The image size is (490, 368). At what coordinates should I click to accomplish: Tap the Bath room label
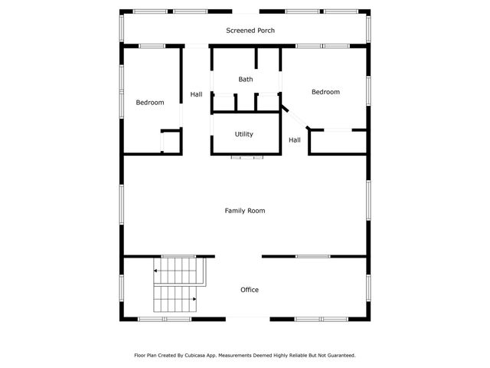[245, 79]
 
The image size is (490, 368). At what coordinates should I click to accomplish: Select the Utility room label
[244, 134]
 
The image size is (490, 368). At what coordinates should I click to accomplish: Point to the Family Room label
[245, 210]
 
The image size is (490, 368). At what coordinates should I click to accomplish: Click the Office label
[250, 290]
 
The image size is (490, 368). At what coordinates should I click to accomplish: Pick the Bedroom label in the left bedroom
[150, 102]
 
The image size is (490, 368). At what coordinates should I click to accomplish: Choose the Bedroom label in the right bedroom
[325, 92]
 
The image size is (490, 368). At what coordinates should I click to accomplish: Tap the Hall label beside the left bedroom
[197, 94]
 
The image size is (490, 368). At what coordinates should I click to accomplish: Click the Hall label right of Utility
[295, 140]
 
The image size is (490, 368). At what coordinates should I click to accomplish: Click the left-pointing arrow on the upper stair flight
[156, 271]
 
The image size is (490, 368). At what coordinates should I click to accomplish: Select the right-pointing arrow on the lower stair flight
[194, 300]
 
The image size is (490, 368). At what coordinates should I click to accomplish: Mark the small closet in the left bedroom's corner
[171, 142]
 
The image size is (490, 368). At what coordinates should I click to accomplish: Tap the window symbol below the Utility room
[247, 158]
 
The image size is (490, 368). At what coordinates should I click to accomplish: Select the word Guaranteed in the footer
[338, 356]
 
